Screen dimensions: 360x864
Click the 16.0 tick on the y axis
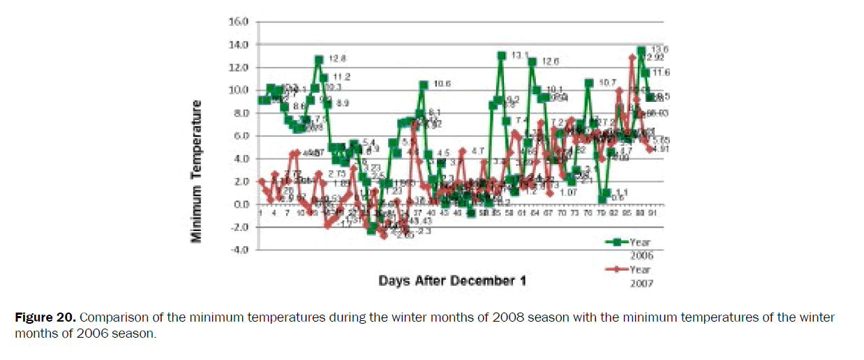point(239,22)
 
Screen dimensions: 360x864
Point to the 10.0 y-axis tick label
point(239,90)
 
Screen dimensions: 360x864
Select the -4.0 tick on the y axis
point(239,249)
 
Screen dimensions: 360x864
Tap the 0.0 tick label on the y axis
point(241,204)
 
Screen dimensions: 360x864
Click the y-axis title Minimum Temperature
point(198,172)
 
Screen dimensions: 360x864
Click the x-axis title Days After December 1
point(452,280)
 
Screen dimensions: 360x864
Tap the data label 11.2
point(341,77)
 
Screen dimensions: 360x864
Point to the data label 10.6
point(442,84)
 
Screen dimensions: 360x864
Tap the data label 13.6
point(660,50)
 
